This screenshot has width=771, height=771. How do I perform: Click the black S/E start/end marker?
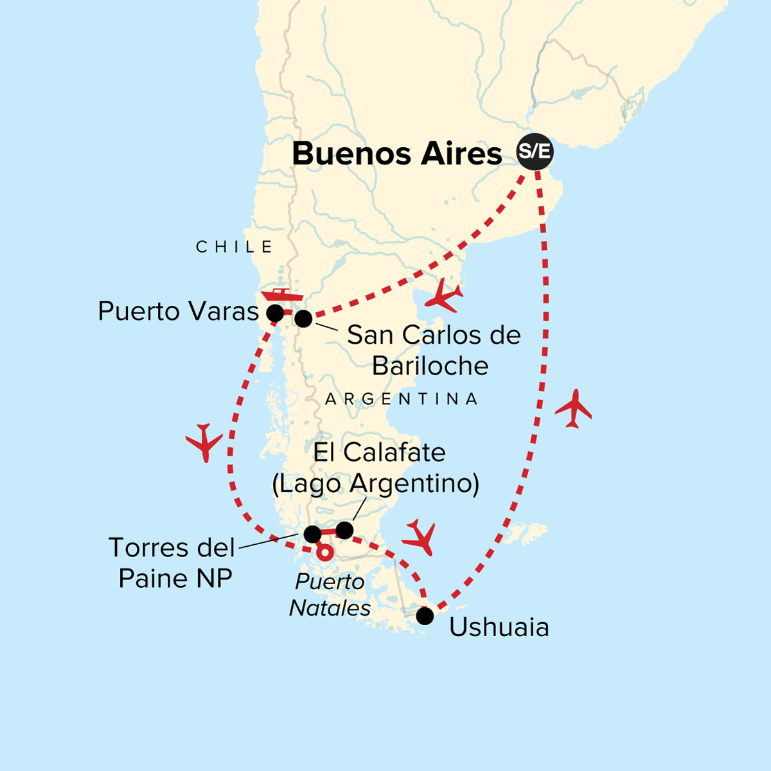click(x=535, y=153)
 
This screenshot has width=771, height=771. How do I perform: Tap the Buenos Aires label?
click(x=397, y=154)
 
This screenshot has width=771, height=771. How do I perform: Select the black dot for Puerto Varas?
click(x=275, y=314)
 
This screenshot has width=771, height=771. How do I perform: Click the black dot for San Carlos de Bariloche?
click(x=303, y=318)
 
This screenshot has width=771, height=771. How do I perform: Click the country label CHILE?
click(x=235, y=247)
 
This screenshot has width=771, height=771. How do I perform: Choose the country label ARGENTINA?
click(x=402, y=399)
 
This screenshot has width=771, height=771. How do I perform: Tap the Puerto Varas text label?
click(x=178, y=312)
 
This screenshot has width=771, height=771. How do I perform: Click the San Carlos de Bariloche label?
click(x=433, y=350)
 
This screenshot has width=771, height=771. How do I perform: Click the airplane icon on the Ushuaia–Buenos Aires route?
click(x=573, y=408)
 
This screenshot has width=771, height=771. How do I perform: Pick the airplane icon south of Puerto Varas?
click(x=204, y=442)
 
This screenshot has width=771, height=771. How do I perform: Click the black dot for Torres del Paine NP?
click(x=312, y=535)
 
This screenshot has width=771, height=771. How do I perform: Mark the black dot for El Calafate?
click(x=344, y=530)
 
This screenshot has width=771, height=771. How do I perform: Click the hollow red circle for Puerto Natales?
click(x=326, y=553)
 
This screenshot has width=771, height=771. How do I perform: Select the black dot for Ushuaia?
click(x=425, y=616)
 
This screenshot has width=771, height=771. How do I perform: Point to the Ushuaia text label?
click(x=499, y=628)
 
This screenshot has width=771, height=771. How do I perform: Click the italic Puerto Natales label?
click(x=330, y=595)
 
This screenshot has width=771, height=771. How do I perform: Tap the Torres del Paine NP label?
click(x=172, y=563)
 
